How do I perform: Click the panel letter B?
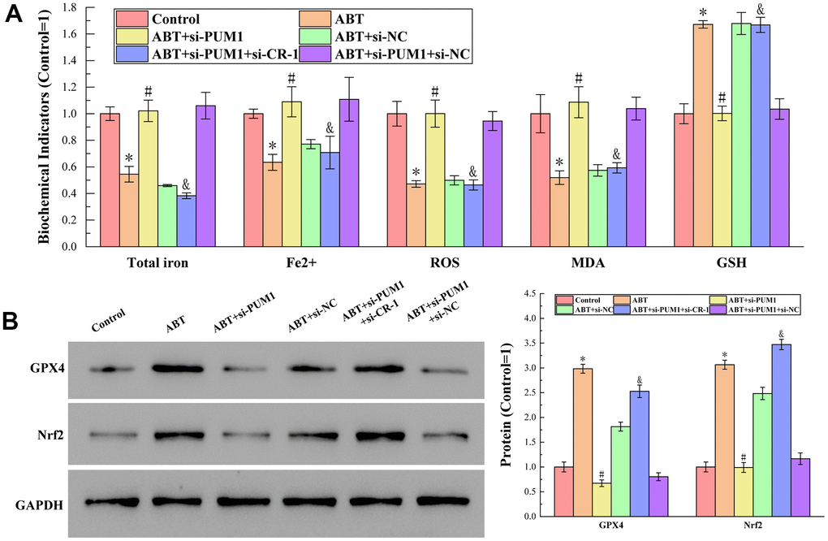(x=13, y=319)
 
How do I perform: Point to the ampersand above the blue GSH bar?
(x=761, y=11)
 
